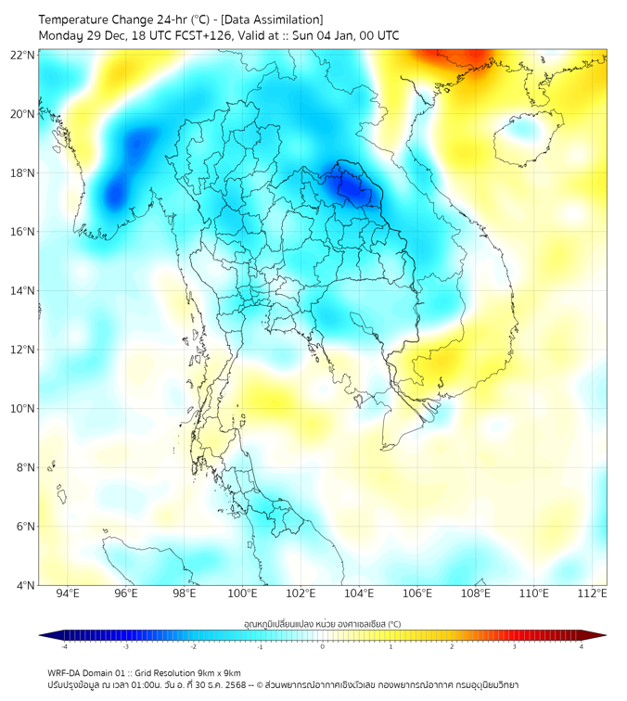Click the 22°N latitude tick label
[x=23, y=56]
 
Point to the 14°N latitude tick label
[x=23, y=291]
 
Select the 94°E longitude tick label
[x=68, y=594]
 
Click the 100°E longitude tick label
[x=242, y=594]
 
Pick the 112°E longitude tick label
[x=592, y=594]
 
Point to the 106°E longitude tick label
[x=417, y=594]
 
